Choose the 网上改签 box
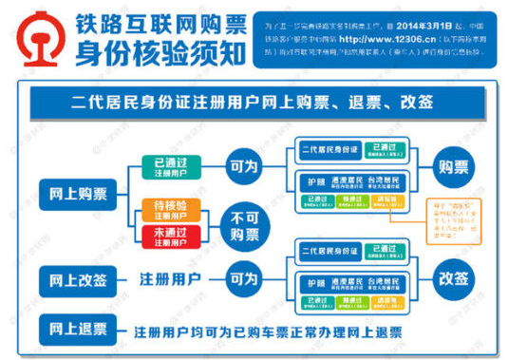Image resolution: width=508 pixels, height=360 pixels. [x=79, y=280]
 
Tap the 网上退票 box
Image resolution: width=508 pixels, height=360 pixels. [x=79, y=330]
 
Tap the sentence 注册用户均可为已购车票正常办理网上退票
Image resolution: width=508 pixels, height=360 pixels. [x=268, y=332]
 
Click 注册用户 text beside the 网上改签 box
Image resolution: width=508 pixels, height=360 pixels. [x=170, y=280]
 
